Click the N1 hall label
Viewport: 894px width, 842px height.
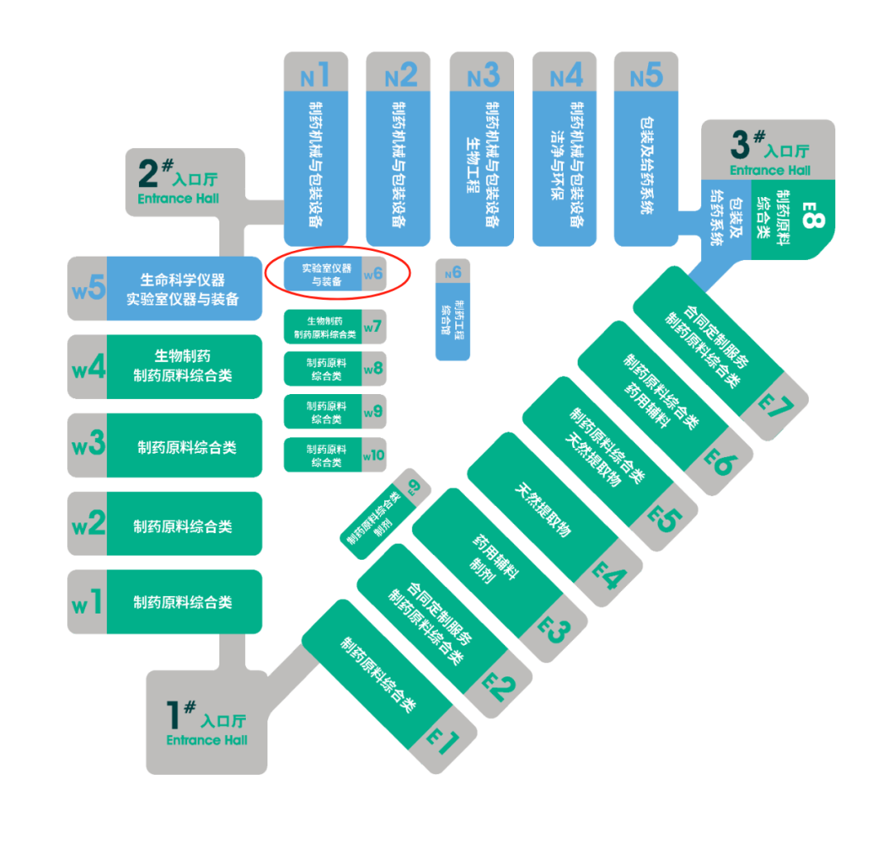[x=315, y=76]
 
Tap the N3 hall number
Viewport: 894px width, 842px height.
[x=483, y=76]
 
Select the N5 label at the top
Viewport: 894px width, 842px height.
[x=646, y=76]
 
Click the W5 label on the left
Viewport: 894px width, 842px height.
[x=89, y=288]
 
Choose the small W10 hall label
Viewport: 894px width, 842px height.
[x=374, y=455]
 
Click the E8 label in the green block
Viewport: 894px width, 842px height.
[x=814, y=219]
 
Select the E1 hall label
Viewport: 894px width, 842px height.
[x=442, y=740]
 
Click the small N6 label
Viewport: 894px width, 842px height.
[x=453, y=272]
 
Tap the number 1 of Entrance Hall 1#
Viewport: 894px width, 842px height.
[x=173, y=714]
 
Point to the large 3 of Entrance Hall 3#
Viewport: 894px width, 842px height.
[x=741, y=143]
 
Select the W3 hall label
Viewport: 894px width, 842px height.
[x=89, y=445]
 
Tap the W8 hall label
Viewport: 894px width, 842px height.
[x=374, y=368]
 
